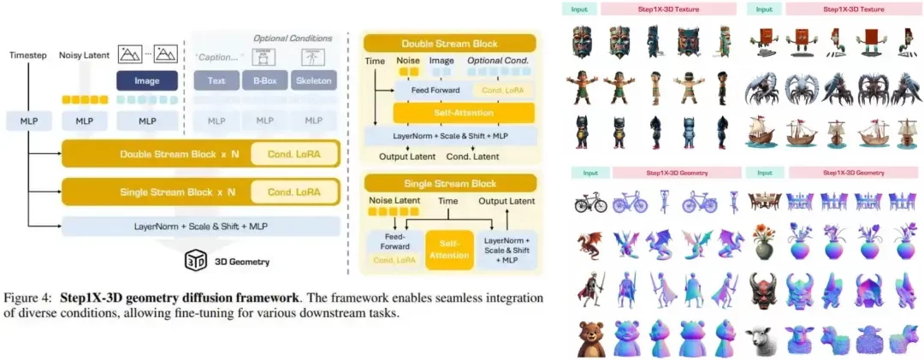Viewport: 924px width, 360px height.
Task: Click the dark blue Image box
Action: (146, 81)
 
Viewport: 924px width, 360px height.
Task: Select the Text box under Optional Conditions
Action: (216, 81)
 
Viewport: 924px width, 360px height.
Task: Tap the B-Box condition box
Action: (264, 81)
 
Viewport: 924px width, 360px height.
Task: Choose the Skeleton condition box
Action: (313, 81)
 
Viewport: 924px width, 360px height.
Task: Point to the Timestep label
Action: (28, 55)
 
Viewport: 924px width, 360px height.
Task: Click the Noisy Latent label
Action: (84, 55)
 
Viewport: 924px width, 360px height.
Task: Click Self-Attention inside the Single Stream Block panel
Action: (450, 249)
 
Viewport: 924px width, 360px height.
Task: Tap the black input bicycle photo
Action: (589, 203)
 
